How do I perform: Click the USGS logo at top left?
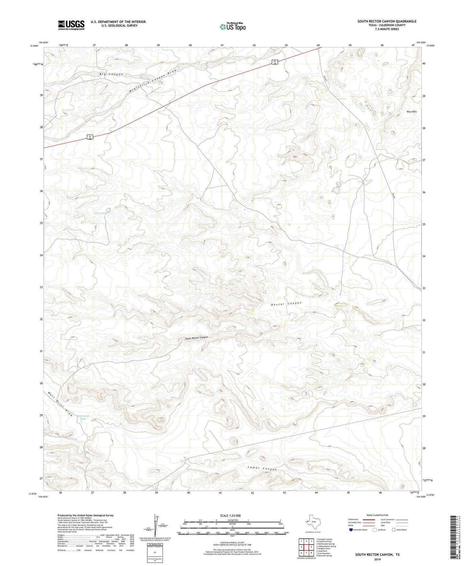click(71, 25)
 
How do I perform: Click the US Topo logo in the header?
click(233, 26)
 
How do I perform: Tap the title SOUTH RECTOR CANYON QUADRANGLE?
click(387, 21)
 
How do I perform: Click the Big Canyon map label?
click(111, 75)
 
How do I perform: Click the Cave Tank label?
click(101, 213)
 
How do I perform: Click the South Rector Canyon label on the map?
click(196, 338)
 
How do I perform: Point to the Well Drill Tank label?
click(83, 418)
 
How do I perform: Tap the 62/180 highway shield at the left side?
click(90, 137)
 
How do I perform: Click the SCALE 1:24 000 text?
click(230, 515)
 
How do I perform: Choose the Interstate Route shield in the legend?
click(351, 529)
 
